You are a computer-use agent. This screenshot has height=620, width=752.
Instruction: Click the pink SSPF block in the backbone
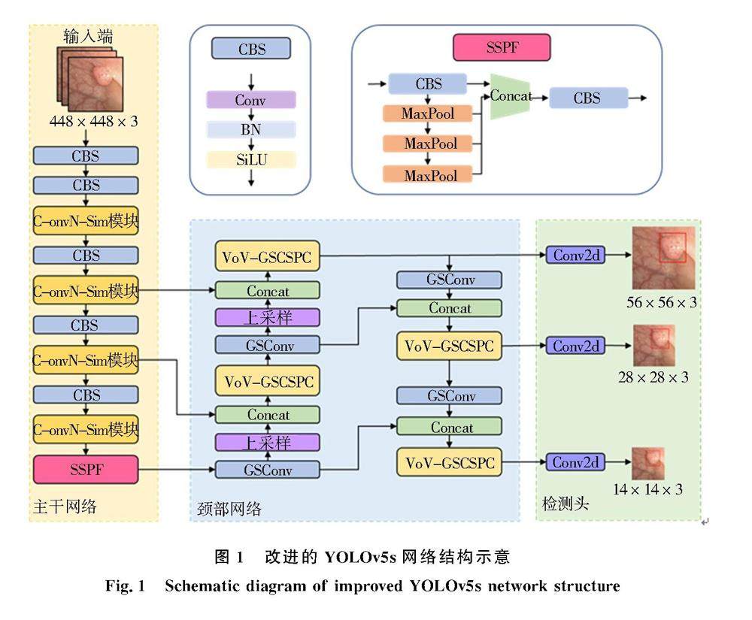86,470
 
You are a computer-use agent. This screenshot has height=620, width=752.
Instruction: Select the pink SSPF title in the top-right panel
502,48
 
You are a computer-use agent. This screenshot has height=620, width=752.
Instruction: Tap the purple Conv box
250,100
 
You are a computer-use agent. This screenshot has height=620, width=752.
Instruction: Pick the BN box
250,129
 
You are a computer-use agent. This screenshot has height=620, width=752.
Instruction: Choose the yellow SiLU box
250,159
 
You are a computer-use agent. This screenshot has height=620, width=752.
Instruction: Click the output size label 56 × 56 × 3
662,302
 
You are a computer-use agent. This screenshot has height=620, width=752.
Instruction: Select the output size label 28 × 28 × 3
653,377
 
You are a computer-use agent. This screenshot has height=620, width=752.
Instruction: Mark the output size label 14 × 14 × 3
647,489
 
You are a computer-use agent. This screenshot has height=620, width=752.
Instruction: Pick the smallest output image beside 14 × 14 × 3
647,463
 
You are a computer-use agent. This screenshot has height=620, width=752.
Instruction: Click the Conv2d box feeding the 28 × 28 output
575,346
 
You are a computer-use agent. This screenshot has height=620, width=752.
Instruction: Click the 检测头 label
566,504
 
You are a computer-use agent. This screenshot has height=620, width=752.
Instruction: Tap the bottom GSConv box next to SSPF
268,470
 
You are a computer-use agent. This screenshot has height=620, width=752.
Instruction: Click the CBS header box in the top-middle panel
250,50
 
